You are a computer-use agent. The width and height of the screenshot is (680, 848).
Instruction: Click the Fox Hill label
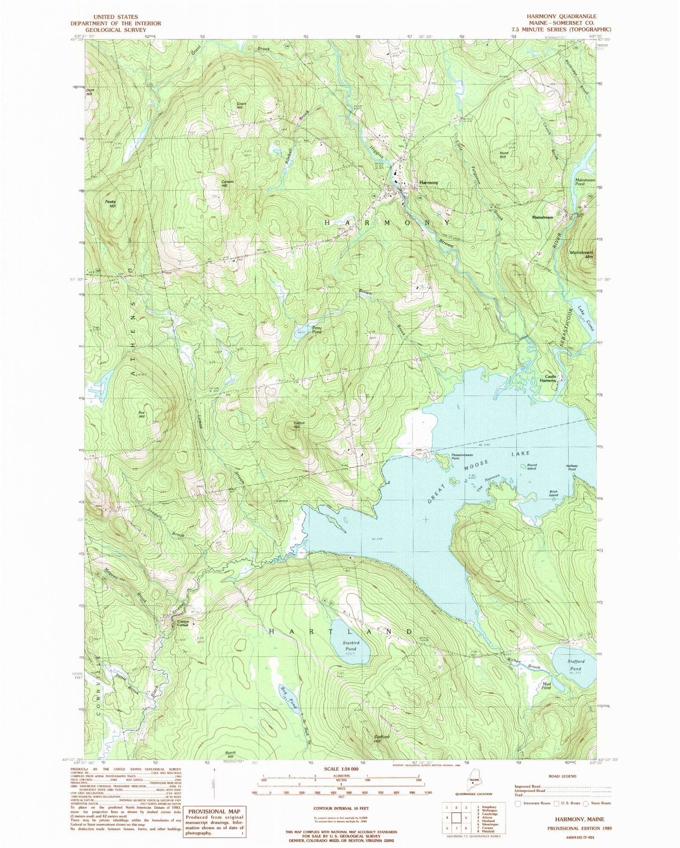pos(142,414)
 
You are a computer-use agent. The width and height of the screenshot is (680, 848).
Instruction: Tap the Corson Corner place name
pos(183,623)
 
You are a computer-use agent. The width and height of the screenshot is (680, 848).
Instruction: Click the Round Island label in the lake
pos(532,466)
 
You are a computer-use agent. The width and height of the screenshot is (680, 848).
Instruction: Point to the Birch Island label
pos(553,493)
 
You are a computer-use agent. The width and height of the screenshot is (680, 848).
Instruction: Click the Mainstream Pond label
pos(585,182)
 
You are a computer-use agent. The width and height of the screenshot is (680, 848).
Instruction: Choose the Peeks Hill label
pos(110,204)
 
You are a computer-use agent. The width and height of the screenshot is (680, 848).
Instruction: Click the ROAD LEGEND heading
pos(562,776)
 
